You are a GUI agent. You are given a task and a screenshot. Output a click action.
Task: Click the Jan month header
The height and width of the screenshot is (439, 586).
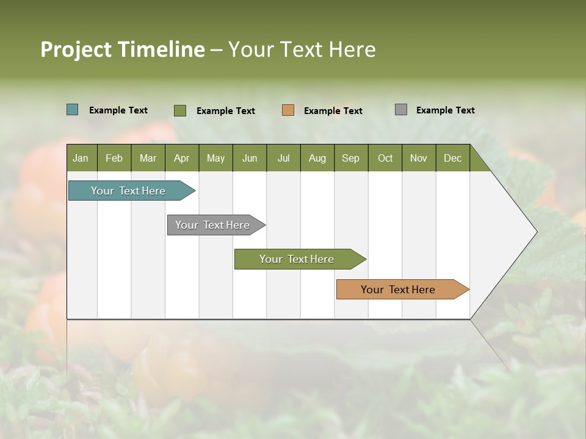(x=81, y=158)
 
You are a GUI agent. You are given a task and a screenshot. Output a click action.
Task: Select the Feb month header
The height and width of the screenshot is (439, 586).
(x=114, y=158)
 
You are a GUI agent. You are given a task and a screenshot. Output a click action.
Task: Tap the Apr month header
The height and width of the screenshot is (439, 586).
(x=182, y=158)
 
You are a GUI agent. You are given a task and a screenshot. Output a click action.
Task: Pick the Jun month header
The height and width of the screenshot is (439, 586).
(x=250, y=158)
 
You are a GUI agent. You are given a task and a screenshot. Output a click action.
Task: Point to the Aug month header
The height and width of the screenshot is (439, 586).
(x=317, y=158)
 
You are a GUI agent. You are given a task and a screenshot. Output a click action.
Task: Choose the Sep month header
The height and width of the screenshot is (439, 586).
(x=351, y=158)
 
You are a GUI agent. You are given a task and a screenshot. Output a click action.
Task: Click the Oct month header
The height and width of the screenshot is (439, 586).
(x=385, y=158)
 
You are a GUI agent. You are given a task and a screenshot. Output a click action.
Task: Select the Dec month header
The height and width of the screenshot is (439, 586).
(x=453, y=158)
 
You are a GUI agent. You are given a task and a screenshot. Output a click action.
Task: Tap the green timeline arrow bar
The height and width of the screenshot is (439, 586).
(x=297, y=259)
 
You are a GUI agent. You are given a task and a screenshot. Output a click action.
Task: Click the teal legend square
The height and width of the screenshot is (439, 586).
(x=73, y=110)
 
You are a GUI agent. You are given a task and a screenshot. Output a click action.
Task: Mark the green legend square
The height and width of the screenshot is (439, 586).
(x=180, y=110)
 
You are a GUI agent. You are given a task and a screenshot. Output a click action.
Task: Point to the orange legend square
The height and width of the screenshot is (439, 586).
(x=288, y=110)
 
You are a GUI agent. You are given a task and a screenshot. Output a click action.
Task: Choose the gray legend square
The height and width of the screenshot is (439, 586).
(x=401, y=110)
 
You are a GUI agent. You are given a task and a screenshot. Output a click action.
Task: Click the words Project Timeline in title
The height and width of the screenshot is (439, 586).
(x=123, y=49)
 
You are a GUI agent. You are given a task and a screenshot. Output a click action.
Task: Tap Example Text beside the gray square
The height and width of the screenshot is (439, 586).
(x=446, y=110)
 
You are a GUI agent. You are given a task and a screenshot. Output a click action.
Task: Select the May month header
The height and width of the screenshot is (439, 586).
(x=215, y=158)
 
